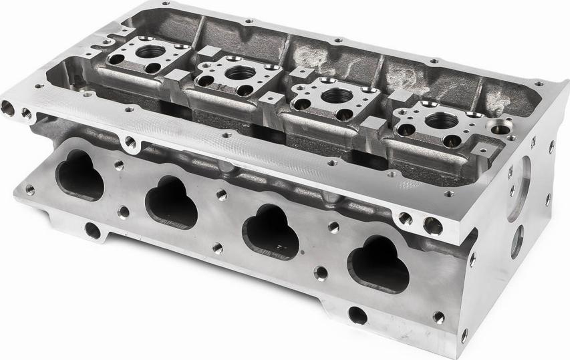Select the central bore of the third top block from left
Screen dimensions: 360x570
click(x=335, y=96)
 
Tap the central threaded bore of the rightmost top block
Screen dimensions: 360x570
click(x=438, y=120)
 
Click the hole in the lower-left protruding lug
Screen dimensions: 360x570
click(x=92, y=231)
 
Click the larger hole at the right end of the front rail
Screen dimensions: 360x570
click(x=432, y=226)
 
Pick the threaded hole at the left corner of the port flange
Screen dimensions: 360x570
click(x=29, y=189)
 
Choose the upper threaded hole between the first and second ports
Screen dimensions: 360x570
click(x=119, y=164)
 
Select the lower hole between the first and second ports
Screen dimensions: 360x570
click(x=124, y=212)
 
